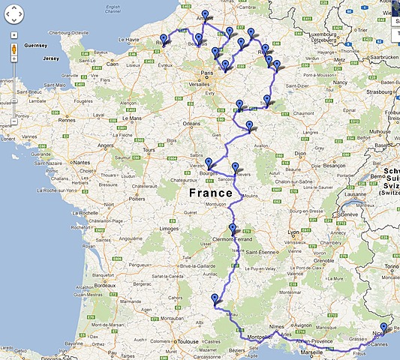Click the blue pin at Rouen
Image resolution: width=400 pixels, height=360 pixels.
(x=164, y=40)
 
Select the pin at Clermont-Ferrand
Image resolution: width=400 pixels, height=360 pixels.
(x=233, y=230)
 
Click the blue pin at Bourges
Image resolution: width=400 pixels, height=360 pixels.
(x=209, y=163)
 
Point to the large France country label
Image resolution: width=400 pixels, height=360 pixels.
(x=210, y=193)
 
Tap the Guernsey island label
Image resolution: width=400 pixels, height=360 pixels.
(x=35, y=45)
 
